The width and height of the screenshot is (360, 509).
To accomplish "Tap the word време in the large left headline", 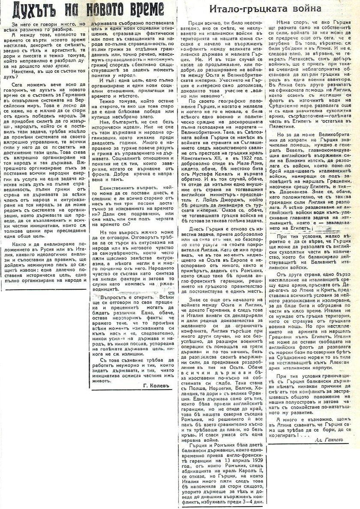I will tap(141, 9).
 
